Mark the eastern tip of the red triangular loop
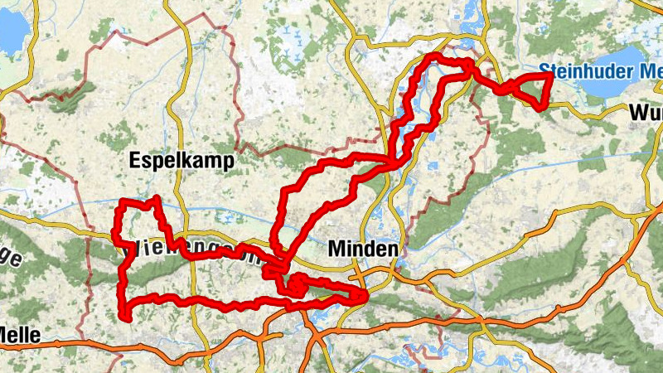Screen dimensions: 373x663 (x=551, y=75)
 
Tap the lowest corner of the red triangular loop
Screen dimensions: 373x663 (x=541, y=107)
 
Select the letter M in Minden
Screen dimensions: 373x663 (x=336, y=248)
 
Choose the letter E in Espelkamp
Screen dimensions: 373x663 (x=135, y=161)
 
